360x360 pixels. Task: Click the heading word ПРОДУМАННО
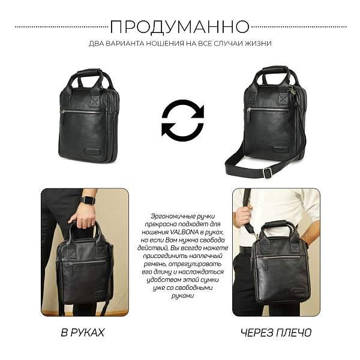pos(180,27)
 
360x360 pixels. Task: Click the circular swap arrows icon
pos(182,121)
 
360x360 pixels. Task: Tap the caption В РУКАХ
pos(84,332)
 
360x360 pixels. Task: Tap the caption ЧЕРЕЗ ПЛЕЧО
pos(276,332)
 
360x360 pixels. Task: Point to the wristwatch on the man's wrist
pos(88,200)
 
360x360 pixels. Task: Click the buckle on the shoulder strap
pos(268,173)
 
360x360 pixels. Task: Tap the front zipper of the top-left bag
pos(82,112)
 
